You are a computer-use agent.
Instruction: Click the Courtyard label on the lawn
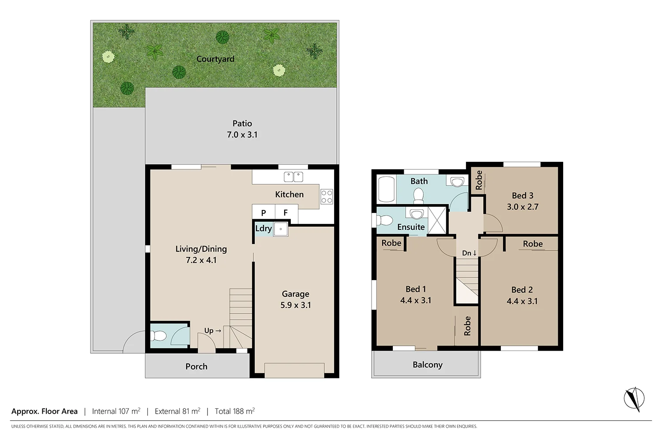pos(215,59)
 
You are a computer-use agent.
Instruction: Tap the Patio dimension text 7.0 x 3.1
pos(242,135)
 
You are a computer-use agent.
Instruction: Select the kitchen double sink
pos(293,177)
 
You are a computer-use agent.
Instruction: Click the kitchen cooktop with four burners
pos(327,197)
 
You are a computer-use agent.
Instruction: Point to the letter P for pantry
pos(263,213)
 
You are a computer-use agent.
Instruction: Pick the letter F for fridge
pos(286,213)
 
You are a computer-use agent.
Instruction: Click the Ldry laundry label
pos(263,228)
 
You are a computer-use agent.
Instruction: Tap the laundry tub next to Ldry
pos(281,229)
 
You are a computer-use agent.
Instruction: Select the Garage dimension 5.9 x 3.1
pos(296,305)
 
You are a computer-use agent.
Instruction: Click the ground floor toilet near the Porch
pos(159,336)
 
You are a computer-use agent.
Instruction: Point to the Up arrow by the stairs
pos(213,331)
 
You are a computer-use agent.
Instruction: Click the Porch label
pos(196,366)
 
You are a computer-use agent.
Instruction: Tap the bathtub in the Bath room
pos(387,190)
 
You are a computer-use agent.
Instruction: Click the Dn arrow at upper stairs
pos(469,253)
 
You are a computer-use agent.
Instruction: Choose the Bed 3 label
pos(523,195)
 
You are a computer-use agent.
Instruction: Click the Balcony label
pos(427,365)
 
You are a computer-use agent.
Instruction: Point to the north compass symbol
pos(634,399)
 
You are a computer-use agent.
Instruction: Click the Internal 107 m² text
pos(116,411)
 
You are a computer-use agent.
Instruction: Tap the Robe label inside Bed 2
pos(533,244)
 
